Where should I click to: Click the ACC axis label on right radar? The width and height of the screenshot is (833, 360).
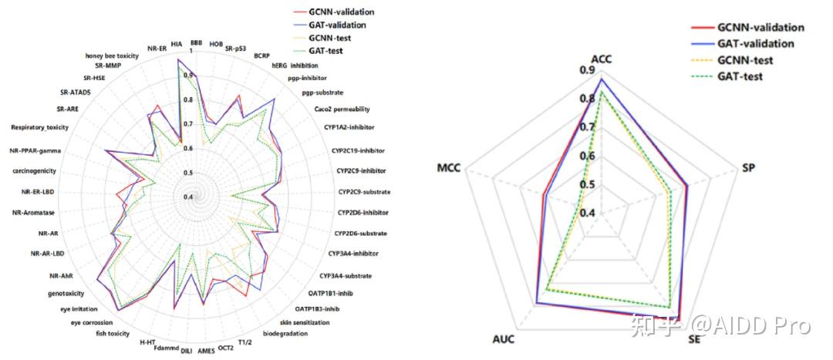(601, 59)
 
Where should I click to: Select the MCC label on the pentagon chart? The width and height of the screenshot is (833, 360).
(448, 167)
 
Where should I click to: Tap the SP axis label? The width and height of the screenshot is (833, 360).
(747, 167)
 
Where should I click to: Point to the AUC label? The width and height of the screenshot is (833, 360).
(505, 339)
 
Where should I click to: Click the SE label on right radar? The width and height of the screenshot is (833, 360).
(694, 339)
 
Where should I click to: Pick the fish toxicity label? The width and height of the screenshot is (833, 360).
(113, 333)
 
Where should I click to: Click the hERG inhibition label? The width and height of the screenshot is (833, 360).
(295, 66)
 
